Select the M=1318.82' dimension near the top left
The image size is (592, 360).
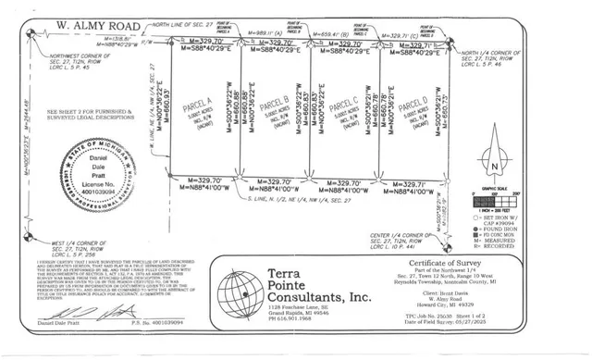(91, 39)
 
